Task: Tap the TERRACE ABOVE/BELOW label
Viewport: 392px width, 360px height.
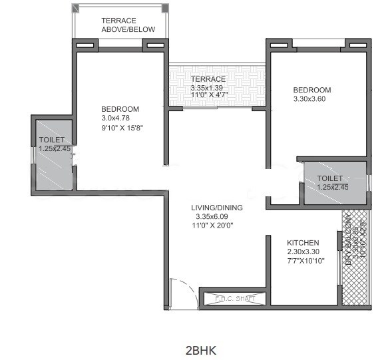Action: tap(128, 25)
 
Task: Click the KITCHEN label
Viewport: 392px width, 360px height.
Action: tap(303, 243)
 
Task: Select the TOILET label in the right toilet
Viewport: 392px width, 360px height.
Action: tap(330, 178)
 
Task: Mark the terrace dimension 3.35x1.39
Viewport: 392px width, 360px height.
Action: tap(208, 87)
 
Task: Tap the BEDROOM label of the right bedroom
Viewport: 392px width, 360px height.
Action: tap(312, 90)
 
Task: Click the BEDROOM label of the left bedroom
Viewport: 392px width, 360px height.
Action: tap(120, 109)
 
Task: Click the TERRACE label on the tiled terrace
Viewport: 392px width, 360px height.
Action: tap(208, 79)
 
